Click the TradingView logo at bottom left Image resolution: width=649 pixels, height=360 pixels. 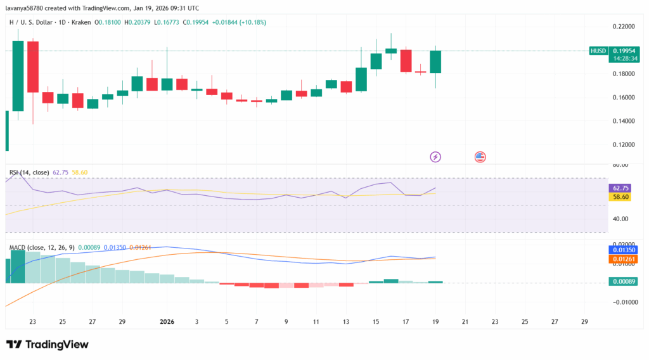tap(48, 344)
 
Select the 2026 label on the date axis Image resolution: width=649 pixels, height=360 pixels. tap(167, 322)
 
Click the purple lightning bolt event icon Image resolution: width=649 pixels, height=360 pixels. tap(435, 157)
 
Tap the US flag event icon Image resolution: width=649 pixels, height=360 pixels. tap(480, 157)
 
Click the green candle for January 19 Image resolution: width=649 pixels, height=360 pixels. tap(435, 61)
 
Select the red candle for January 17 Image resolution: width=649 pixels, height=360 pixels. tap(406, 61)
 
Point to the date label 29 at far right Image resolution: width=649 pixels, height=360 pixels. tap(584, 322)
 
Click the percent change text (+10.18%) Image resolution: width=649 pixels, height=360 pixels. tap(249, 22)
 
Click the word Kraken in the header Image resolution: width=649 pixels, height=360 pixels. tap(80, 22)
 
